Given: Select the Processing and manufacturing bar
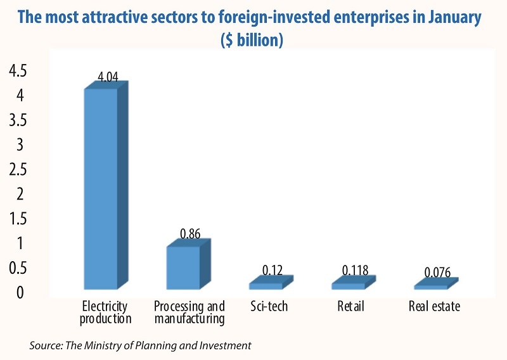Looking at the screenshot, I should [x=184, y=267].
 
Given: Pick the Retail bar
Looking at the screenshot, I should [x=348, y=285].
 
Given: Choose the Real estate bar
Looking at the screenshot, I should [x=430, y=286].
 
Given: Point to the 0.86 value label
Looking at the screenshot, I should [x=190, y=234].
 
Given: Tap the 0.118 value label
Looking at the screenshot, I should [x=355, y=271].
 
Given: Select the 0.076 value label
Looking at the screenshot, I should [x=437, y=273].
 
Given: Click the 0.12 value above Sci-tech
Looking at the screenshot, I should [x=274, y=271].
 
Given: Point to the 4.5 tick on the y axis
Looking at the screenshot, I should [x=17, y=72].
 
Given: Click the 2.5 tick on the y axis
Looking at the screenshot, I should [x=17, y=170].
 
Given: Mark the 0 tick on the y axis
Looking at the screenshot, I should [x=22, y=293].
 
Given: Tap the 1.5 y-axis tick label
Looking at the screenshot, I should [x=17, y=219].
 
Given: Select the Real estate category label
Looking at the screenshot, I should [x=434, y=307].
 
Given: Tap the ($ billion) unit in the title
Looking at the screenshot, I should [x=252, y=39].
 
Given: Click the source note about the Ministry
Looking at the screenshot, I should [x=141, y=345].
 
